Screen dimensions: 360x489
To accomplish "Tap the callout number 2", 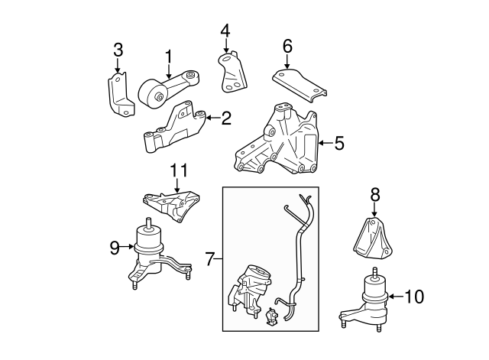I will click(226, 118).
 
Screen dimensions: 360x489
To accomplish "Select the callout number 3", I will click(118, 51).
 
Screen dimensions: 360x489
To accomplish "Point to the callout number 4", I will click(225, 31).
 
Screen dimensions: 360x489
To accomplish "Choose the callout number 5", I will click(339, 142).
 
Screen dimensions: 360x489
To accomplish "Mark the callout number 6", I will click(287, 46).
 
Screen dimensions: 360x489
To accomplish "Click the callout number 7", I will click(211, 260).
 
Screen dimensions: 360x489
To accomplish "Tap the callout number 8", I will click(374, 196).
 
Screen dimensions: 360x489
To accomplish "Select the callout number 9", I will click(115, 247).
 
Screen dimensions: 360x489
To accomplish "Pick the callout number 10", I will click(413, 295).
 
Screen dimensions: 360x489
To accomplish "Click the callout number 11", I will click(178, 170).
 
